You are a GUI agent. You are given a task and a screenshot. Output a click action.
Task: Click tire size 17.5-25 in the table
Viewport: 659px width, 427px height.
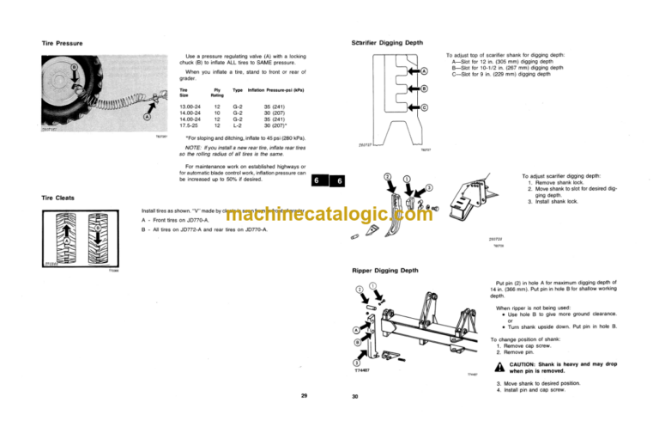tap(190, 126)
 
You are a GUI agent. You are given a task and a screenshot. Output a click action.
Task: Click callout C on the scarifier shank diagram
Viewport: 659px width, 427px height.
tap(424, 107)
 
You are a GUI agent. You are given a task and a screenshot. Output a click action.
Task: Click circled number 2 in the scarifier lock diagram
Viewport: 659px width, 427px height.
tap(387, 177)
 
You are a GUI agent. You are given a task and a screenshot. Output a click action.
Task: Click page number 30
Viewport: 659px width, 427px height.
tap(354, 397)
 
